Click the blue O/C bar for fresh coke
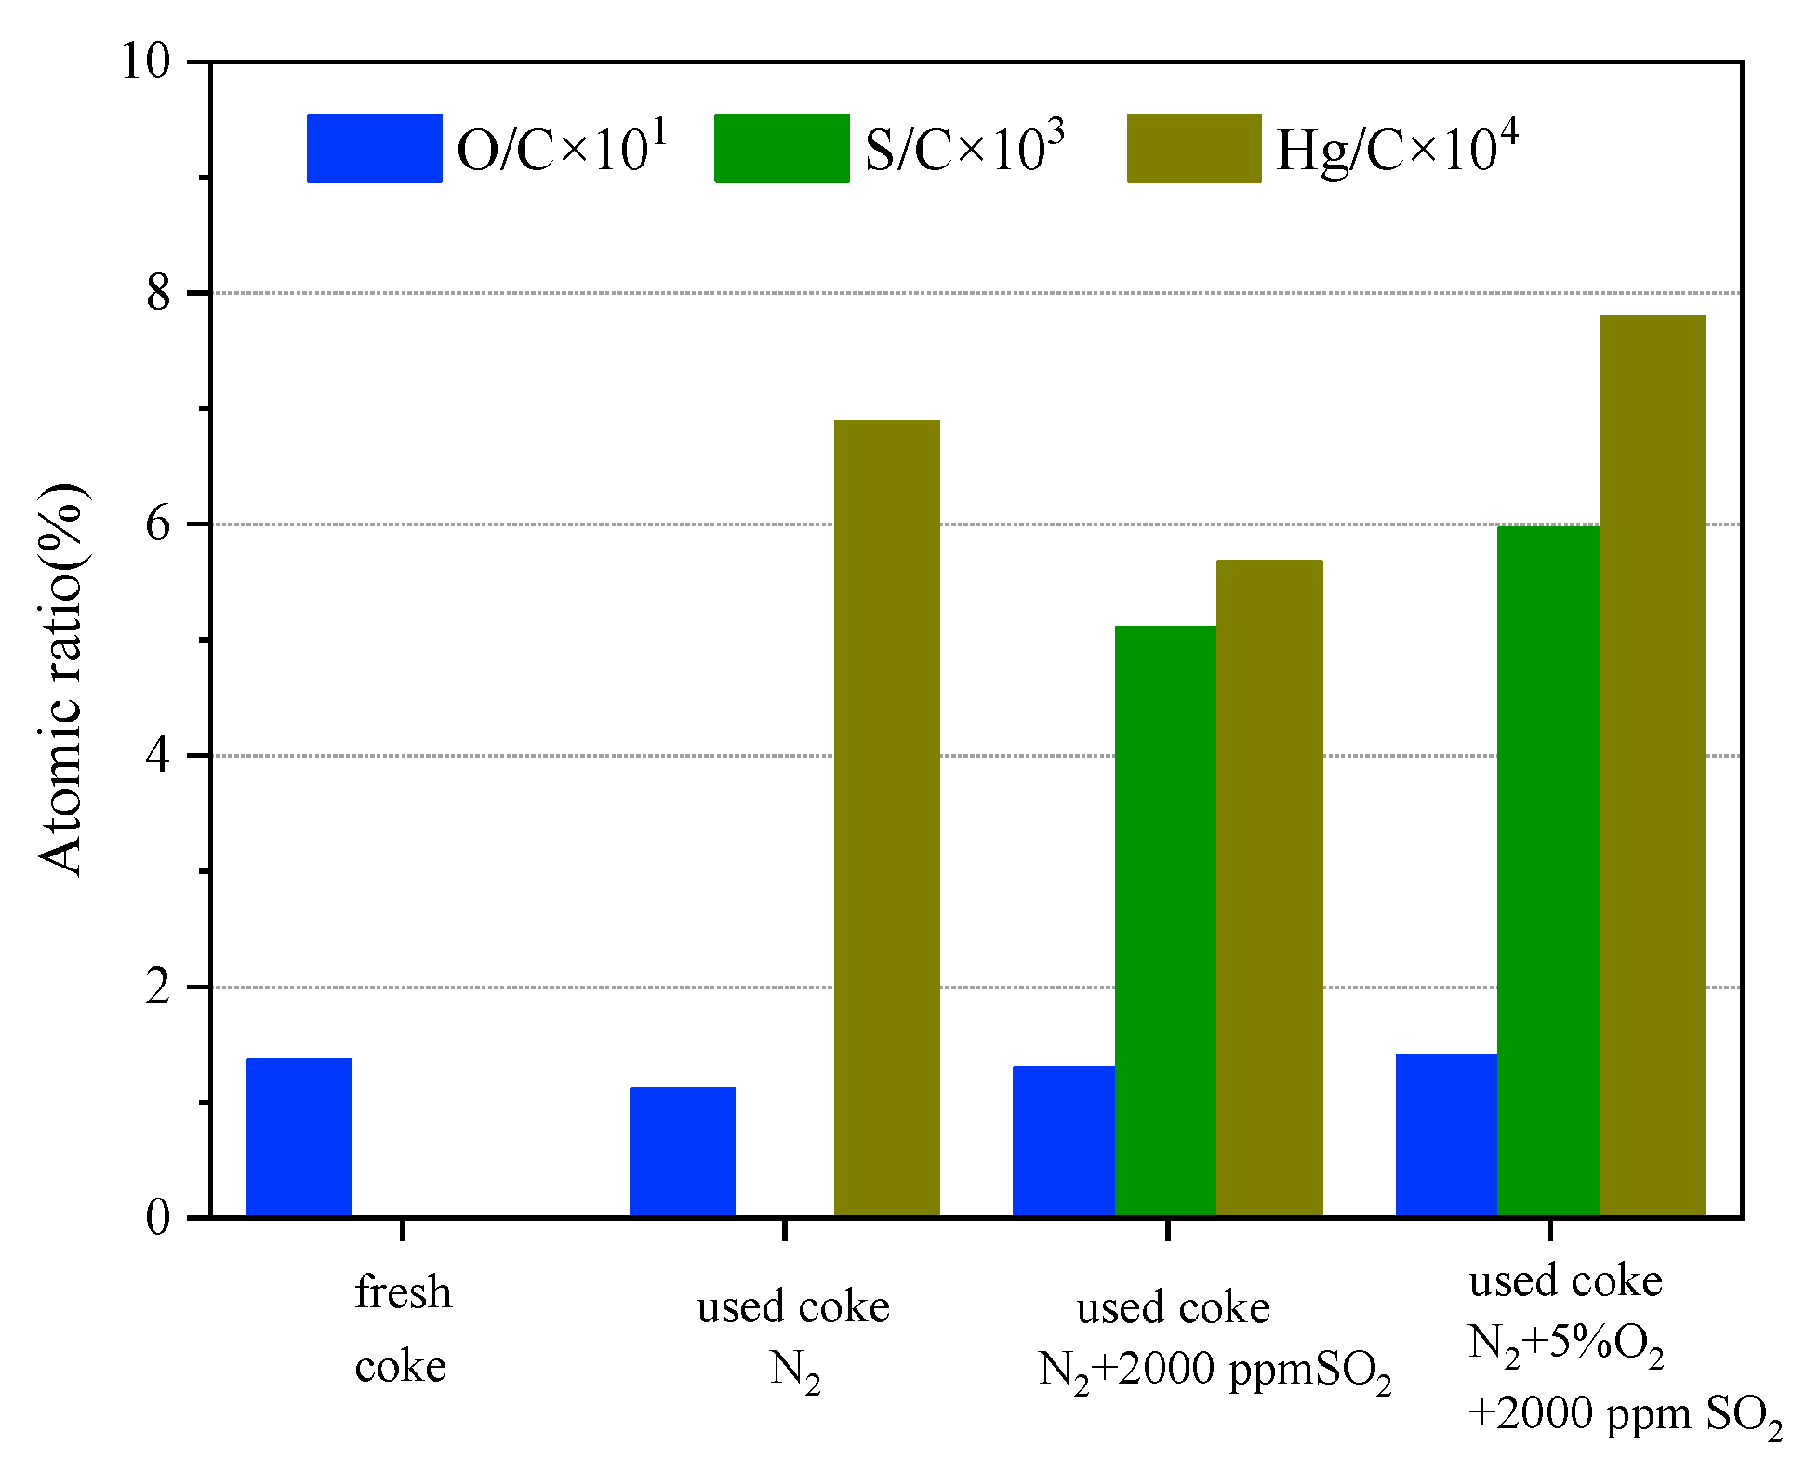[x=299, y=1137]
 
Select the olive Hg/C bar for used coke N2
[x=886, y=818]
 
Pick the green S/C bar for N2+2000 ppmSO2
[x=1165, y=921]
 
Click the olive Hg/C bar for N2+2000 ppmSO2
[x=1269, y=888]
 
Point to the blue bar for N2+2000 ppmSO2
[x=1063, y=1141]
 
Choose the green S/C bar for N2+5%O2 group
[x=1547, y=871]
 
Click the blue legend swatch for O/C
[x=374, y=149]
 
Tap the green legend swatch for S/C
[x=781, y=149]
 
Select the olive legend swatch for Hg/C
[x=1194, y=149]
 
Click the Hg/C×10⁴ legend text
[x=1397, y=149]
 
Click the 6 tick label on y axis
[x=158, y=524]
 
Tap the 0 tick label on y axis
[x=158, y=1217]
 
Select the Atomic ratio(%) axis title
[x=61, y=679]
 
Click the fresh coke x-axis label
[x=403, y=1330]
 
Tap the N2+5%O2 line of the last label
[x=1566, y=1345]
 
